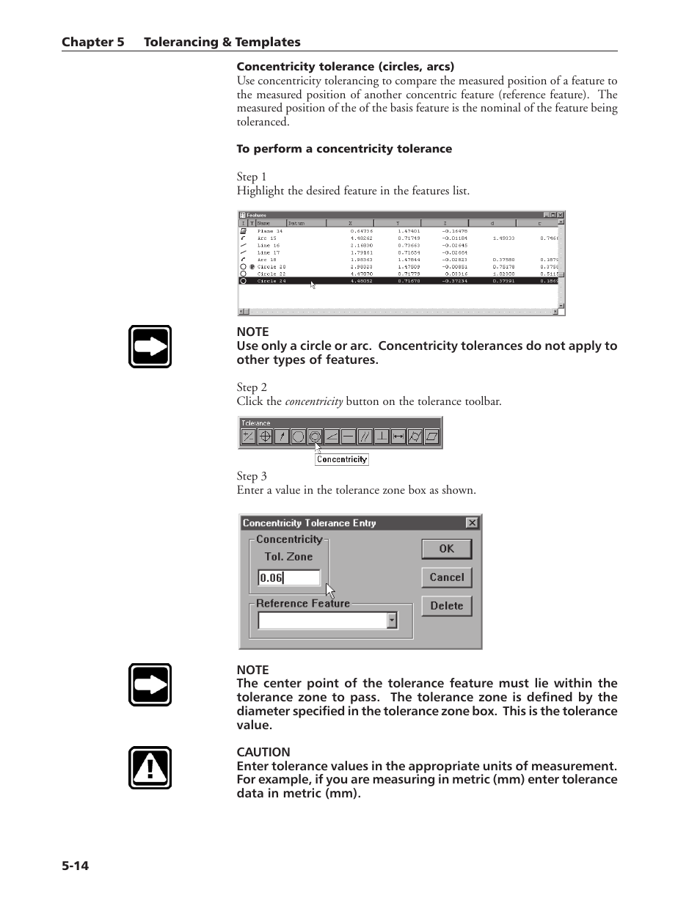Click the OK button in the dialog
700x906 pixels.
coord(446,549)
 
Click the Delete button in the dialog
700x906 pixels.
coord(446,606)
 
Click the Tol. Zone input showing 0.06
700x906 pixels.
coord(288,578)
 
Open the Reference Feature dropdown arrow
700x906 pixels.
coord(392,621)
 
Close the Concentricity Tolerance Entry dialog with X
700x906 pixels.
coord(472,523)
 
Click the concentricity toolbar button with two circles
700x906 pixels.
coord(315,436)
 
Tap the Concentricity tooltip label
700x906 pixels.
coord(342,459)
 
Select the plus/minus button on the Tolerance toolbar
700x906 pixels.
coord(248,436)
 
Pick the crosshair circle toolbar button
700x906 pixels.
coord(265,436)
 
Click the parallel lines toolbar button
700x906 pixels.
coord(365,436)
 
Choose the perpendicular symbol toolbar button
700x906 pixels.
coord(382,436)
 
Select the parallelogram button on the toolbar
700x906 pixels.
coord(432,436)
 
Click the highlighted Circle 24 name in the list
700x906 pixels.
coord(271,281)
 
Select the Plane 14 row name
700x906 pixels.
coord(269,231)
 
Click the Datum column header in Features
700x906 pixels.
coord(296,223)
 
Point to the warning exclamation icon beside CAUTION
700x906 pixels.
coord(150,768)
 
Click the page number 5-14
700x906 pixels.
coord(75,866)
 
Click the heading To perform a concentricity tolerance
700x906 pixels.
coord(344,149)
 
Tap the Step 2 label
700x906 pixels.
coord(252,387)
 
